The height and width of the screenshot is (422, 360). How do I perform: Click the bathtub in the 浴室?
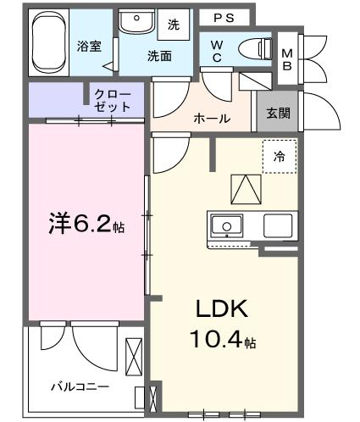(49, 42)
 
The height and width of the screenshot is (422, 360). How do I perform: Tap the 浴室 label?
(89, 47)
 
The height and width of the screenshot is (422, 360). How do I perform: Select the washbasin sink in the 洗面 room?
(137, 21)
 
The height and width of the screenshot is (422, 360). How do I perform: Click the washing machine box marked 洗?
(174, 25)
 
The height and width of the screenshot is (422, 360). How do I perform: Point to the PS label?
(224, 18)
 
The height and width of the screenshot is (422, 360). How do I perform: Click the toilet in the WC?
(256, 49)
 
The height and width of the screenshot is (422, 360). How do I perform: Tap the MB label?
(287, 59)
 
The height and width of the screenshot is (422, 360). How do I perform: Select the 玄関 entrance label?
(278, 114)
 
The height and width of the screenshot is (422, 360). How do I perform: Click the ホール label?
(212, 119)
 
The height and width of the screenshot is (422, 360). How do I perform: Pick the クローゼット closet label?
(113, 101)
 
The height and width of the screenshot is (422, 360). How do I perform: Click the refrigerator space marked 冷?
(280, 157)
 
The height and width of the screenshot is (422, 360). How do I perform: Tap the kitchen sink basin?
(227, 226)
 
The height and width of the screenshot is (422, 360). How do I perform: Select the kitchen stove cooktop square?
(278, 225)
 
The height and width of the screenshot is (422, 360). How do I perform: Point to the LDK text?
(222, 308)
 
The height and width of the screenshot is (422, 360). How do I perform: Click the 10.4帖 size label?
(223, 339)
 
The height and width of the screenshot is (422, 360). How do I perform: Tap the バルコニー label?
(80, 386)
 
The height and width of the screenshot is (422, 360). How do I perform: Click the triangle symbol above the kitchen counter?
(246, 189)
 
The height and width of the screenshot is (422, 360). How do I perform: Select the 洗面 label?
(159, 56)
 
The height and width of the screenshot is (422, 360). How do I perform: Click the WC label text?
(217, 51)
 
